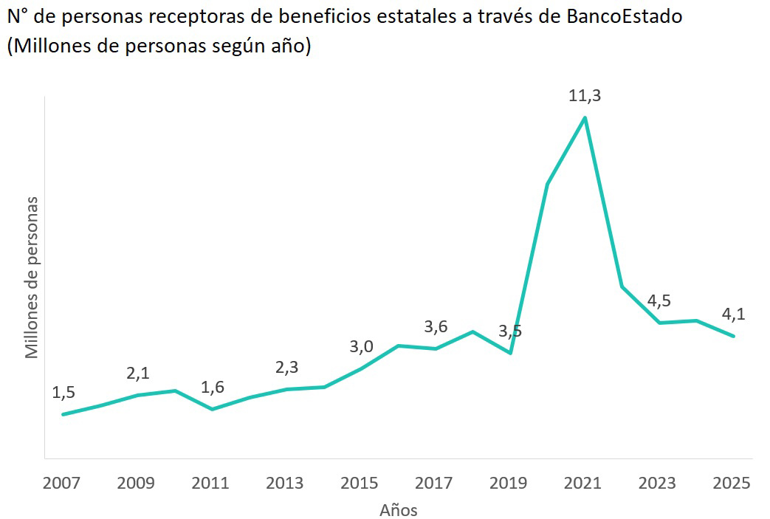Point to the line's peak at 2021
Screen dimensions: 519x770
click(585, 118)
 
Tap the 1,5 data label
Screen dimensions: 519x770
click(63, 392)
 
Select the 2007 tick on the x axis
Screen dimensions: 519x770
click(63, 484)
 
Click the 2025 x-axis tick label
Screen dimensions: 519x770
click(732, 484)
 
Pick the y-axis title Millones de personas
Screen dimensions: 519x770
click(32, 278)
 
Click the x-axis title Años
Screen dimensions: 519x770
click(399, 510)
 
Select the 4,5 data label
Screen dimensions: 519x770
click(659, 300)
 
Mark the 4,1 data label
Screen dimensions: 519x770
click(733, 314)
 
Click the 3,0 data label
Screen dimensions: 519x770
click(362, 346)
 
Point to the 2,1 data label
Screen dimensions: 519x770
click(138, 373)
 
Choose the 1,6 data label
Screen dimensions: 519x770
click(213, 387)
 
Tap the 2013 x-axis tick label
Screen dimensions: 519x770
click(285, 484)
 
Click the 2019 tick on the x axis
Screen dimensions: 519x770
click(509, 484)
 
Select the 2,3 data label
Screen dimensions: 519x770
click(286, 367)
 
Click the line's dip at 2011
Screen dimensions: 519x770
click(213, 409)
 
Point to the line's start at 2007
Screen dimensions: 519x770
click(63, 414)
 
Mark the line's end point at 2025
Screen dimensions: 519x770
click(733, 336)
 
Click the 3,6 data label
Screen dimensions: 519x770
click(436, 326)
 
